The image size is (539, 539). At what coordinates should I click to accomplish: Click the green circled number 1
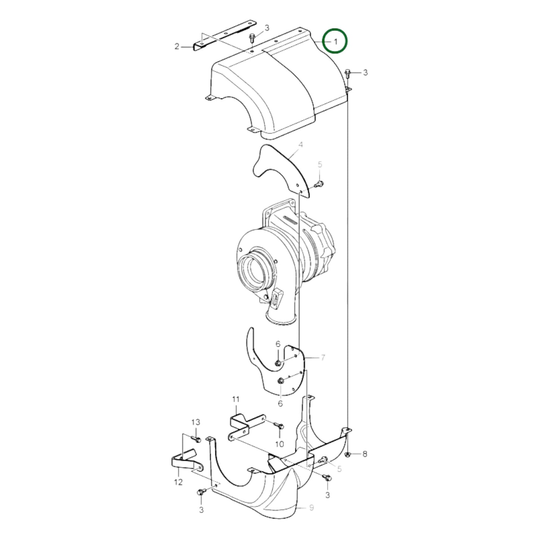335,41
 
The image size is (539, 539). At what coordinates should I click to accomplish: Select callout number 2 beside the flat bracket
177,47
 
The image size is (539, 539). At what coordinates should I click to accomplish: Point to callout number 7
323,358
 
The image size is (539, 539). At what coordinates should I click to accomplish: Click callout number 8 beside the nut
365,454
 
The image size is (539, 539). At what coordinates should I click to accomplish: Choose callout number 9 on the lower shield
311,507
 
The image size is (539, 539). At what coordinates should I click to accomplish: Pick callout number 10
279,444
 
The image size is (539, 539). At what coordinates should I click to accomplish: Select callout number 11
235,399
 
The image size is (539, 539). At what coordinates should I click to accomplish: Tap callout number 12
178,482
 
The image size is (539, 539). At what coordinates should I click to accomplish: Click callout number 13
196,422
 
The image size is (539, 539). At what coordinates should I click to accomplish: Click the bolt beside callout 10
279,425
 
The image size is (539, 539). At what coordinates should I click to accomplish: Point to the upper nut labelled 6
278,363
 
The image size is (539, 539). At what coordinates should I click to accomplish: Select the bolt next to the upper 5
319,184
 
